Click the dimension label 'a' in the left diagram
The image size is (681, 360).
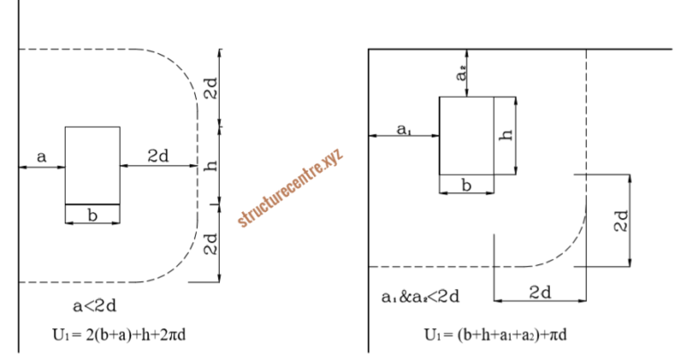(x=41, y=157)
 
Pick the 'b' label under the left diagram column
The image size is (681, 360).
(x=92, y=215)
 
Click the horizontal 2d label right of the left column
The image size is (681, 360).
(x=159, y=156)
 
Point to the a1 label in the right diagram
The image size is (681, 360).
(x=403, y=129)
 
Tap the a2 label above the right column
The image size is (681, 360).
(x=462, y=77)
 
